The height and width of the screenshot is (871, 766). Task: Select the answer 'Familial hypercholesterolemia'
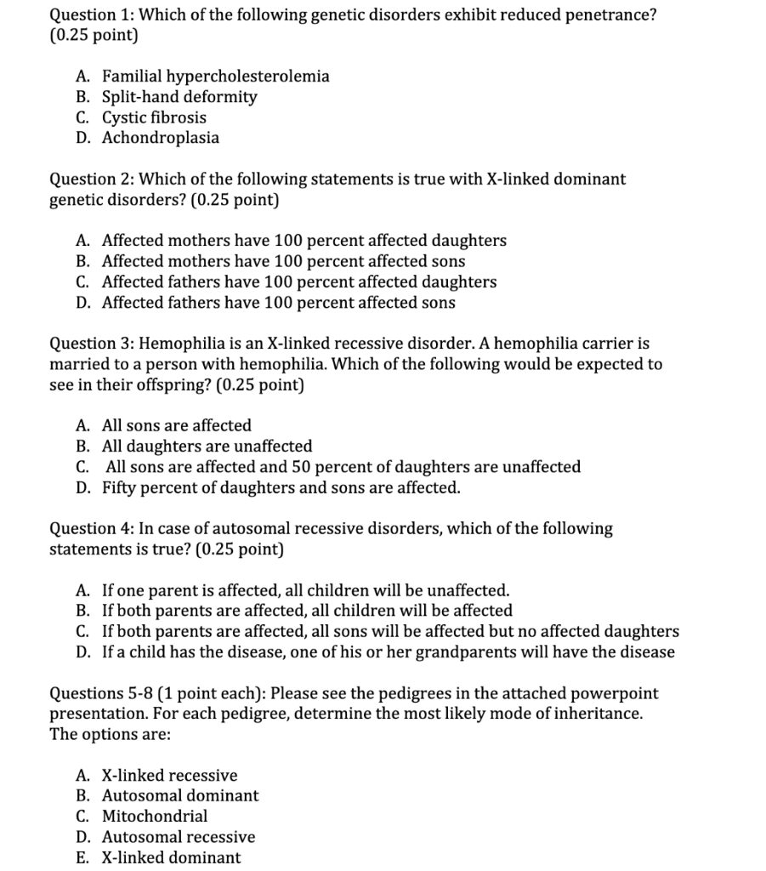[x=215, y=77]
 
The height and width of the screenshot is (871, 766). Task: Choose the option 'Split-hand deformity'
[x=179, y=97]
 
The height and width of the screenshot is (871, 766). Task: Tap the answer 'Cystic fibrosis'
[x=154, y=117]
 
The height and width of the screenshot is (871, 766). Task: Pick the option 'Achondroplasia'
[x=160, y=138]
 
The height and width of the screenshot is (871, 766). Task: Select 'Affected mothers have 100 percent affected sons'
[x=283, y=261]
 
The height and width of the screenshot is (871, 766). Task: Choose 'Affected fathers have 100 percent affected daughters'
[x=299, y=282]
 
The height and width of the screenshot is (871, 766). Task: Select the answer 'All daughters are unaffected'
[x=207, y=446]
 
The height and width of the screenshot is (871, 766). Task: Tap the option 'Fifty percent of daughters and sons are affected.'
[x=281, y=487]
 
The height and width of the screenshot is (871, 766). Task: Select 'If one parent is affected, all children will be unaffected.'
[x=305, y=590]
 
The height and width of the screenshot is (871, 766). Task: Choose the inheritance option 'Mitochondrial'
[x=154, y=816]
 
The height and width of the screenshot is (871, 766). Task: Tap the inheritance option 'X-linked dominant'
[x=171, y=857]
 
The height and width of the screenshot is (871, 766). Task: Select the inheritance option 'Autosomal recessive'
[x=178, y=836]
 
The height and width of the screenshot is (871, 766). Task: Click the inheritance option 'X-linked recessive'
[x=169, y=775]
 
